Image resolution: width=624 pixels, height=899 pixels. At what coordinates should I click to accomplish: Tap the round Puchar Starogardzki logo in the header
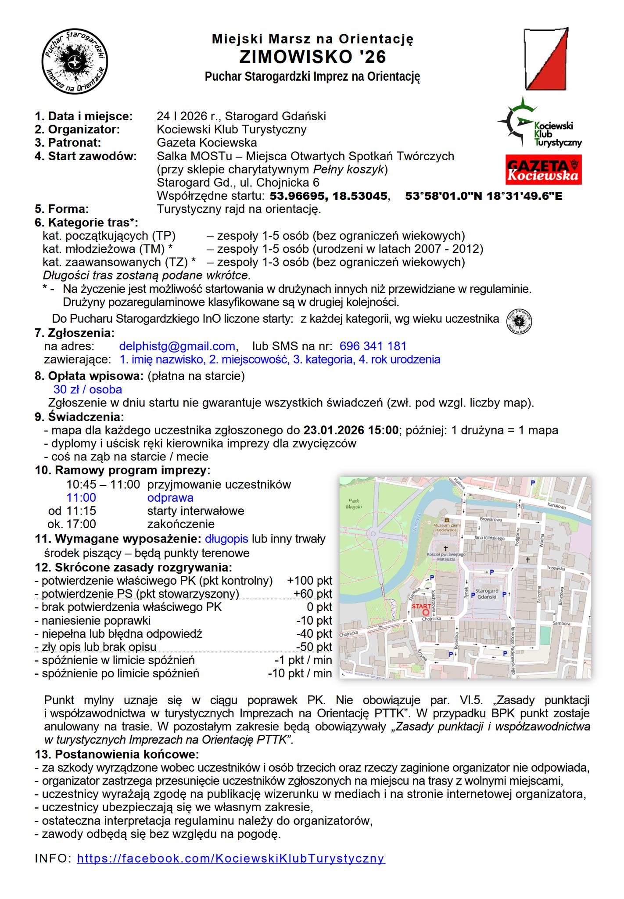click(75, 62)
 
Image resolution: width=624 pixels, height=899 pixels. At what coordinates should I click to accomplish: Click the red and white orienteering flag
click(547, 58)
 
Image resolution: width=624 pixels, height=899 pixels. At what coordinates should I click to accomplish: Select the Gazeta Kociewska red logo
click(544, 169)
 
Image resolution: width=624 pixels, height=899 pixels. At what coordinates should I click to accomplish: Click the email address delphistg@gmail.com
click(177, 346)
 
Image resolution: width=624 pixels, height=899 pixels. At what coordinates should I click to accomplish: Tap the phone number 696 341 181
click(373, 346)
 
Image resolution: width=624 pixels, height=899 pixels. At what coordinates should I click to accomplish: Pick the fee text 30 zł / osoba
click(88, 390)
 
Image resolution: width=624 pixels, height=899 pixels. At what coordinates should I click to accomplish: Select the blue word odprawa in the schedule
click(170, 498)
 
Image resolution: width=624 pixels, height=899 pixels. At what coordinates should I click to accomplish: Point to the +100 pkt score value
click(309, 581)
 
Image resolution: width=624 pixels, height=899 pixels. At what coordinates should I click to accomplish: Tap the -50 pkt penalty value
click(314, 647)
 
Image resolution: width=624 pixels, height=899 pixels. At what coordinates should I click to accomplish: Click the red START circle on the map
click(425, 612)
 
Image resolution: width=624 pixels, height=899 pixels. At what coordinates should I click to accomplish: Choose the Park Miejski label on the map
click(354, 503)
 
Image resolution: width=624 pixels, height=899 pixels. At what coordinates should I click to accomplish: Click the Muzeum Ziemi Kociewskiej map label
click(447, 527)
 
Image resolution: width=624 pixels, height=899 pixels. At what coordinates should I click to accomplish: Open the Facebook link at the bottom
click(231, 858)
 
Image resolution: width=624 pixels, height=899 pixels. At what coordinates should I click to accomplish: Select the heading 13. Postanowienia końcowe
click(117, 755)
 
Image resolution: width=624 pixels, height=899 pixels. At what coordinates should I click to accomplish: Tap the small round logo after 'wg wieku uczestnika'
click(519, 319)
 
